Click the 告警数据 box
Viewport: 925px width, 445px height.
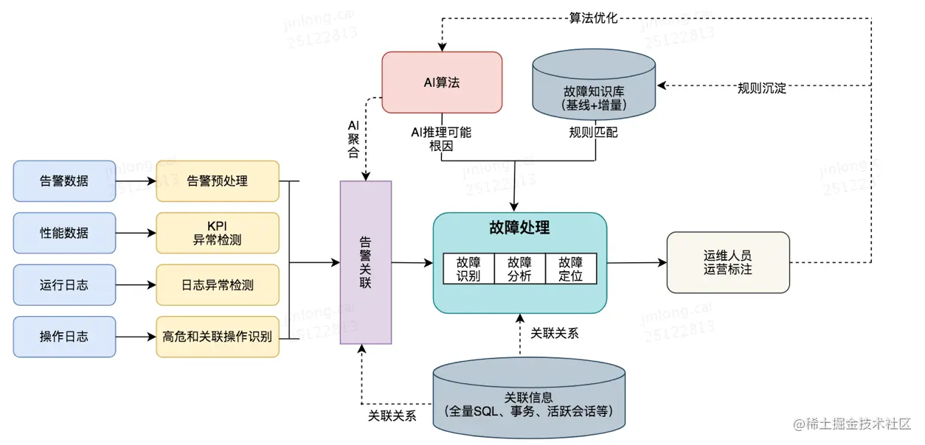point(64,181)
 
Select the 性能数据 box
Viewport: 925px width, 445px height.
point(64,233)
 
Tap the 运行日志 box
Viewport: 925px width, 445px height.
point(64,284)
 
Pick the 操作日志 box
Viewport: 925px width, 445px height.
point(64,337)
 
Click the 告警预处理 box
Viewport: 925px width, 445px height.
point(218,181)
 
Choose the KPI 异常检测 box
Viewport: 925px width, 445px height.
point(218,233)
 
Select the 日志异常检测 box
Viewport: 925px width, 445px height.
point(218,284)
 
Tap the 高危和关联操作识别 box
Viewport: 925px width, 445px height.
point(218,337)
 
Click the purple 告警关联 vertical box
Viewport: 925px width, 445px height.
point(365,262)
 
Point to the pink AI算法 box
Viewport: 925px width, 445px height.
point(441,82)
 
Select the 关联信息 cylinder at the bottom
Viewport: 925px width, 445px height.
point(530,398)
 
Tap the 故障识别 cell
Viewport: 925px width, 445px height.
point(468,269)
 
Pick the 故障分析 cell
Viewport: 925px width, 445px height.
point(519,269)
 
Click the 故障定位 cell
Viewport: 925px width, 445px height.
point(570,269)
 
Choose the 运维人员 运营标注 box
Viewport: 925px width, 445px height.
point(727,262)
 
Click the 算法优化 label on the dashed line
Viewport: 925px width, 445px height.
point(593,18)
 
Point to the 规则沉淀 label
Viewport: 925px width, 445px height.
point(761,88)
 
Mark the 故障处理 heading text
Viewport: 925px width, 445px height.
point(519,228)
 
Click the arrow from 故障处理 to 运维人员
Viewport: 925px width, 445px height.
point(636,262)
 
